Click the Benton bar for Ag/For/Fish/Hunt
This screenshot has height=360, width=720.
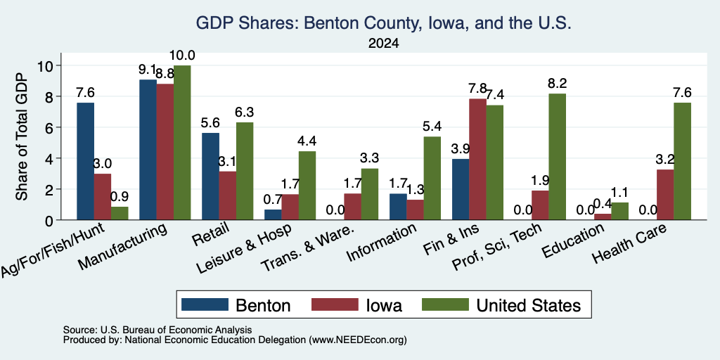(x=85, y=161)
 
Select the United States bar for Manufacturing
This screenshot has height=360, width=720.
(x=182, y=143)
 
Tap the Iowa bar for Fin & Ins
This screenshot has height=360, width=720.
(x=477, y=160)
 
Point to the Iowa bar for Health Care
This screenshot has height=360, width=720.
(x=665, y=195)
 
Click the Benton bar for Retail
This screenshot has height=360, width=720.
(x=211, y=176)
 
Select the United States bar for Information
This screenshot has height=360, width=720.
(x=432, y=178)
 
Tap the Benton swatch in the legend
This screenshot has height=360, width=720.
(x=205, y=304)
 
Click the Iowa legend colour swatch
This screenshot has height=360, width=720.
(x=335, y=304)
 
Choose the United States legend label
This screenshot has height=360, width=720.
(x=529, y=305)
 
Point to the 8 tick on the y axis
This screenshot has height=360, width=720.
(x=58, y=96)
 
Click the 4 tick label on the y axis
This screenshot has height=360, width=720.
(x=49, y=158)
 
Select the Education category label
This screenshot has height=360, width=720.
(x=572, y=241)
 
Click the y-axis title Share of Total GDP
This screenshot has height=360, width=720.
(x=22, y=136)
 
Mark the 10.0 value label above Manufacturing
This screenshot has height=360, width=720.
(x=182, y=56)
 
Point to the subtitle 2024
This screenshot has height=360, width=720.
(x=383, y=44)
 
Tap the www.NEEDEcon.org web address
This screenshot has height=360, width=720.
(x=358, y=340)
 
